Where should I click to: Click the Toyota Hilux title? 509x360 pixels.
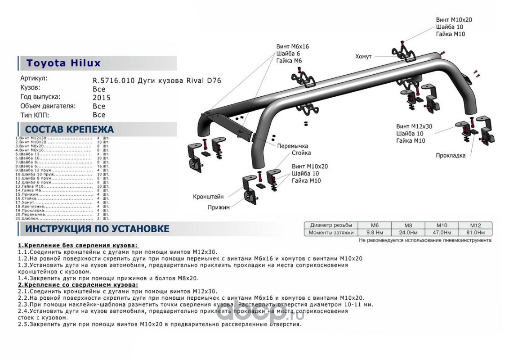(63, 63)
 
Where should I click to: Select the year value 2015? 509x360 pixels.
(101, 97)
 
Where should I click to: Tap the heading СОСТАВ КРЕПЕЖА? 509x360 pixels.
(69, 130)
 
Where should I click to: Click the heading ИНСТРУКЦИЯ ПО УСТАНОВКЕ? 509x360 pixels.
(97, 229)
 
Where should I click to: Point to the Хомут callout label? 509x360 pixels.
(363, 56)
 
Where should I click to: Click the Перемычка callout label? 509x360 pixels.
(292, 146)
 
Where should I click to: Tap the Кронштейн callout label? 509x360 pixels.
(208, 197)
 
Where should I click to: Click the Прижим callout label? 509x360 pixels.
(219, 207)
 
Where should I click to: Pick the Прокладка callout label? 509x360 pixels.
(451, 156)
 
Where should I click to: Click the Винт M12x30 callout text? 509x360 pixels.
(414, 126)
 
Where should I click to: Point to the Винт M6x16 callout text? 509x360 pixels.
(293, 46)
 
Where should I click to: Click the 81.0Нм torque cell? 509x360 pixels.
(475, 233)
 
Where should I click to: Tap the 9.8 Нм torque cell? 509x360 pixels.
(375, 233)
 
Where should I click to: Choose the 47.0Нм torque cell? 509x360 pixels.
(442, 233)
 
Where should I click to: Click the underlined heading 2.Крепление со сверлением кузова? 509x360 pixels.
(78, 285)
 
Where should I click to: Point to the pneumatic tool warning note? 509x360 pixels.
(425, 240)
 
